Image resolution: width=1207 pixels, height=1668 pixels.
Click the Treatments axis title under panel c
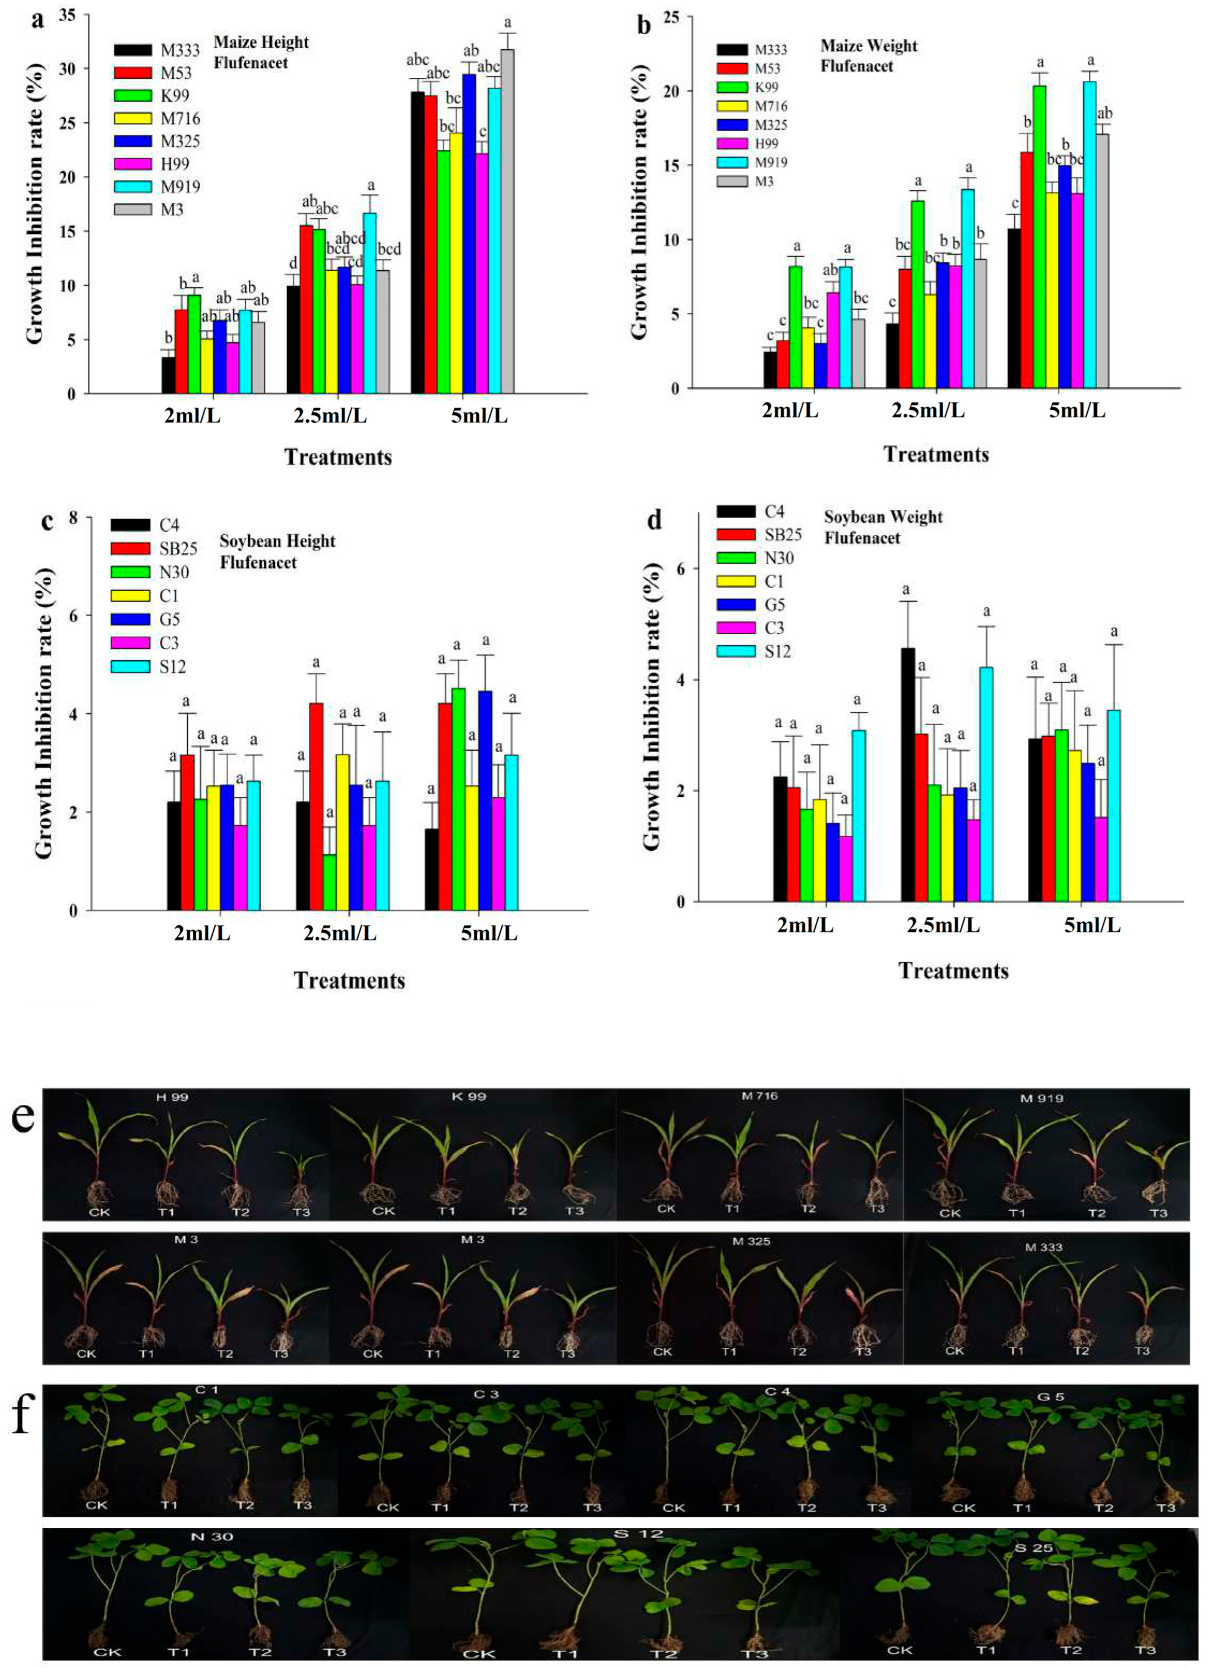[349, 980]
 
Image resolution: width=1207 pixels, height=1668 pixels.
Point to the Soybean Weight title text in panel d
[883, 517]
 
